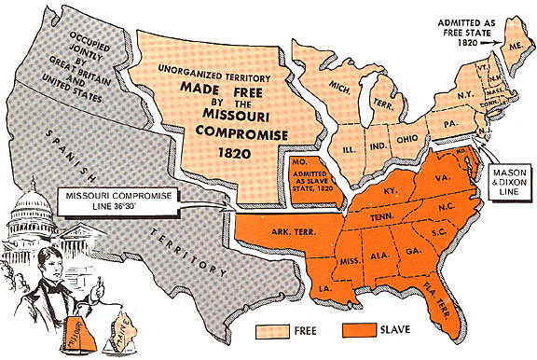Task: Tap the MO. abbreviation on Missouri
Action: click(x=296, y=165)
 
